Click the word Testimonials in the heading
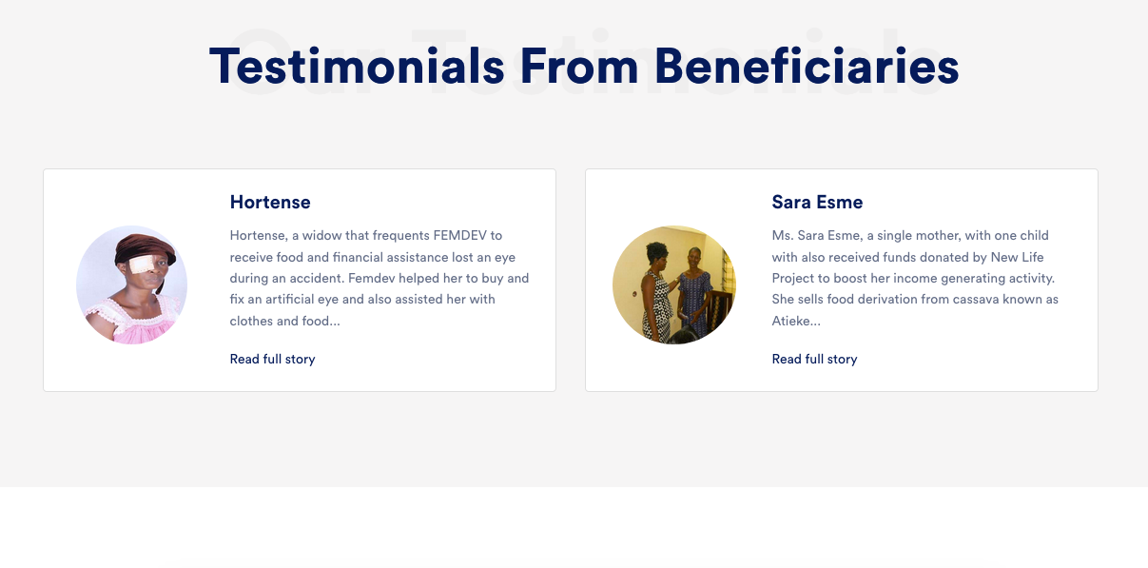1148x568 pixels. click(x=357, y=67)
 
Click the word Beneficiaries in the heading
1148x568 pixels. click(x=807, y=67)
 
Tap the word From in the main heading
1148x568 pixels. click(x=579, y=67)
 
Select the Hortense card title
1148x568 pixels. click(x=270, y=202)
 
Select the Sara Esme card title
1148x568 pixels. click(x=817, y=202)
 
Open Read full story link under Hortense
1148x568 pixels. click(x=272, y=359)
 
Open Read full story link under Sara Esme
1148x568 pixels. click(x=814, y=359)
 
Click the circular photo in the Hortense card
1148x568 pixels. click(x=131, y=285)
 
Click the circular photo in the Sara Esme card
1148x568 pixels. click(x=674, y=285)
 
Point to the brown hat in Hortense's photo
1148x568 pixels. click(x=146, y=248)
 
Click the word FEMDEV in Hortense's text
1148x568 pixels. click(x=459, y=235)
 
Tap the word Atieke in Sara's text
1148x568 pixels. click(x=793, y=321)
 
